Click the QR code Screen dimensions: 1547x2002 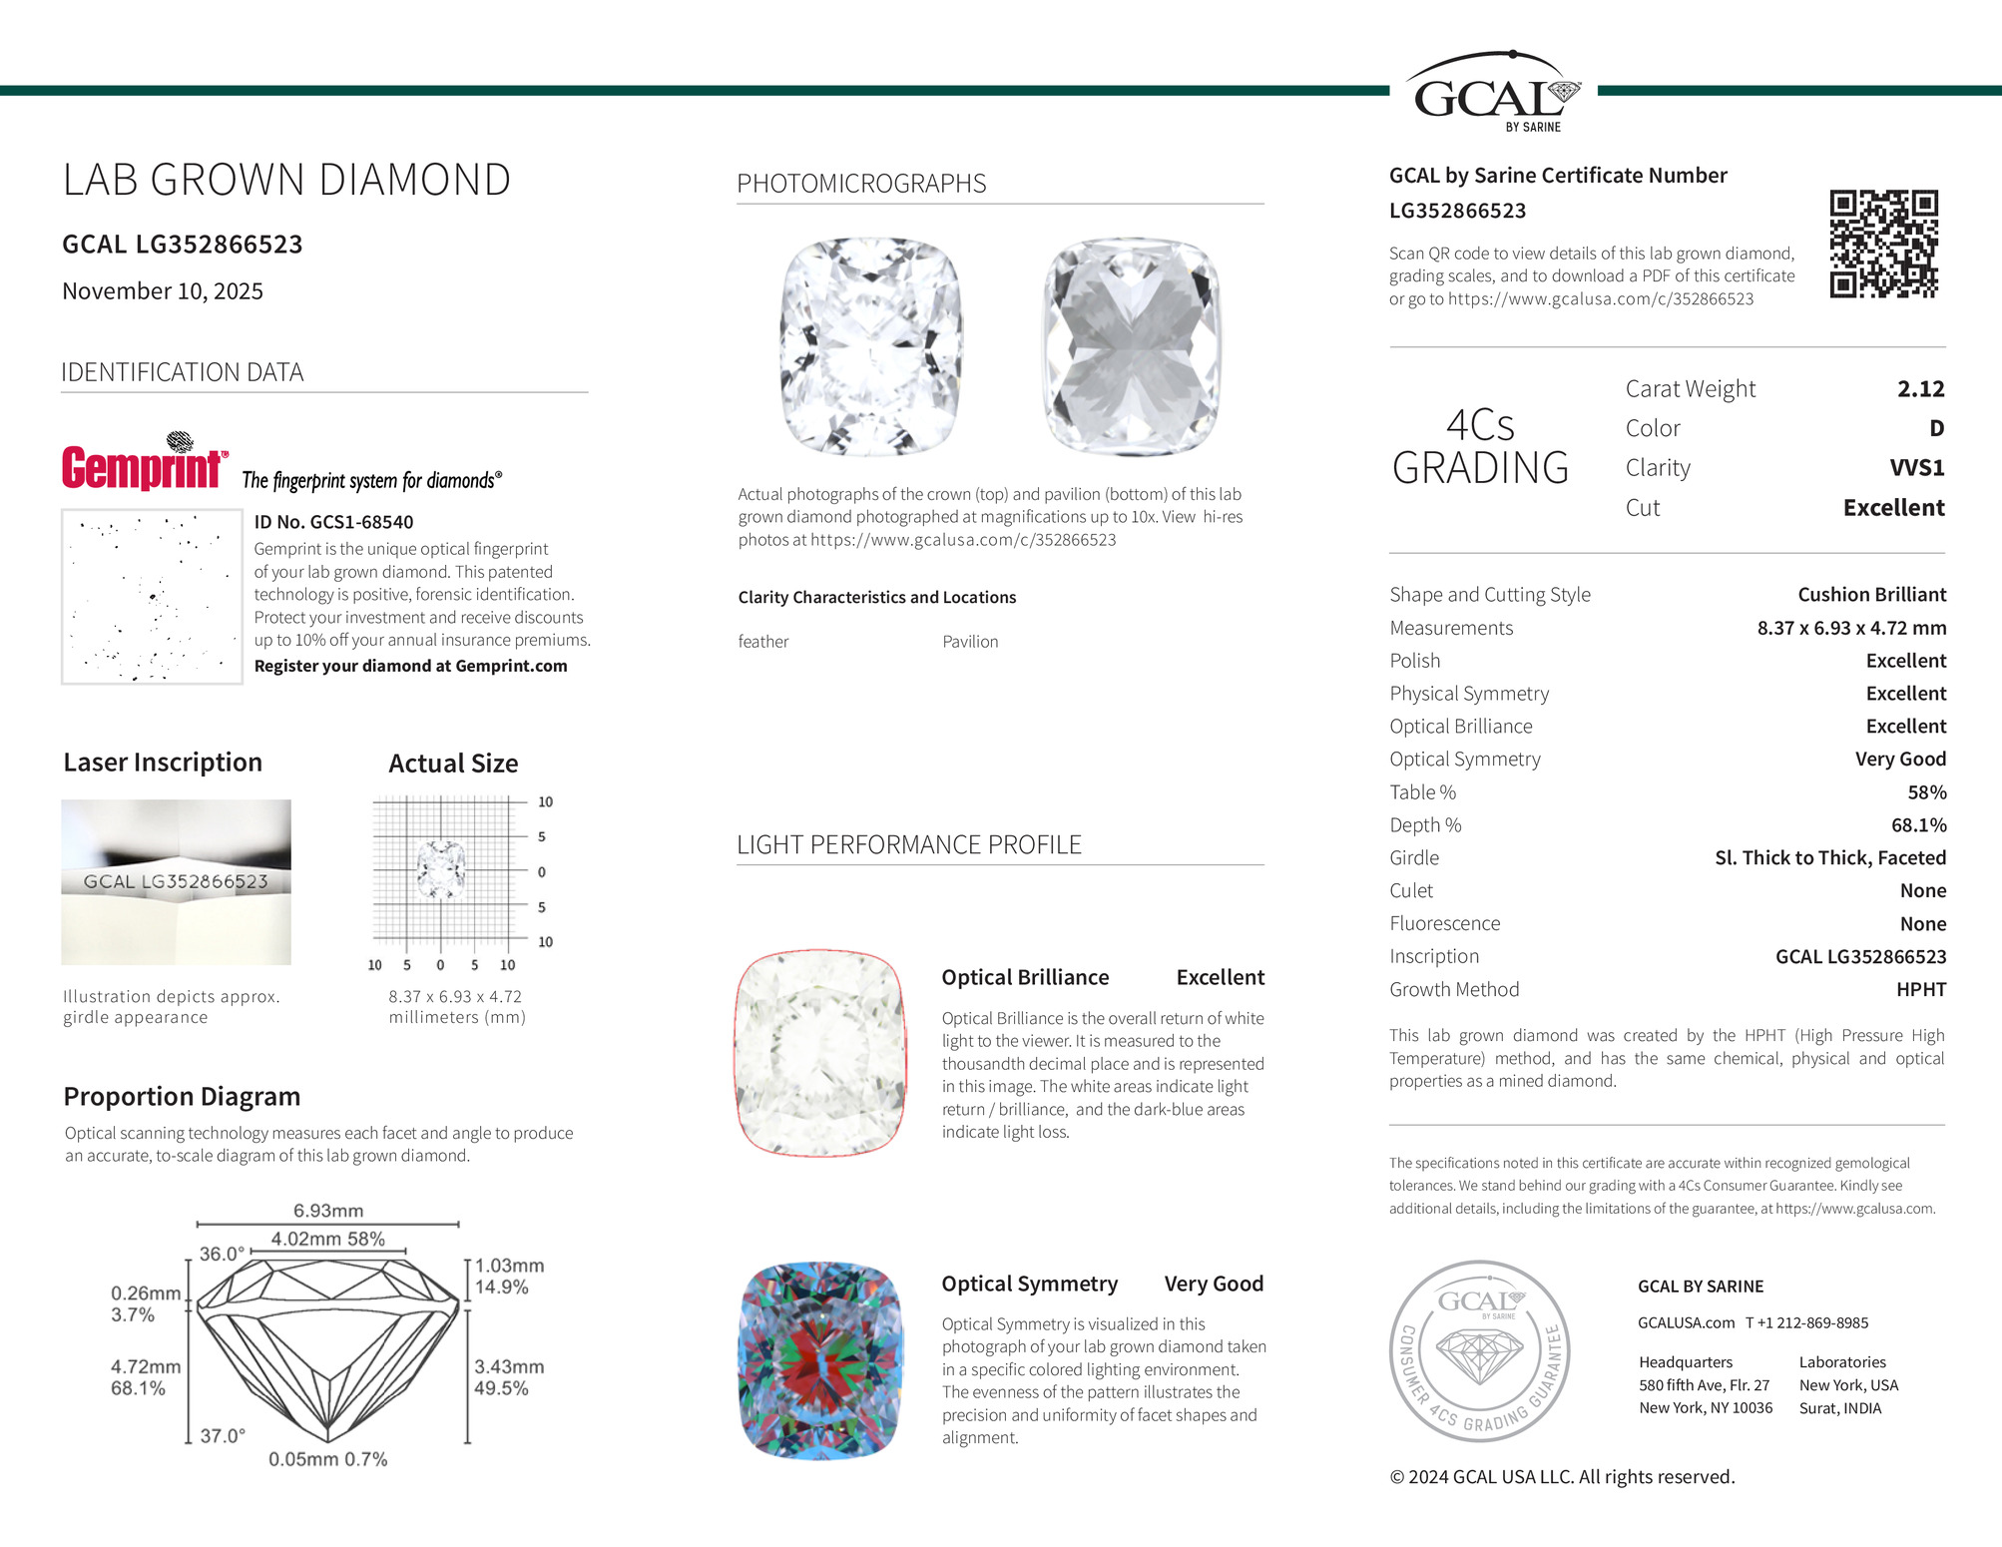click(1883, 245)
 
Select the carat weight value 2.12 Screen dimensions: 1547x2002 click(1920, 389)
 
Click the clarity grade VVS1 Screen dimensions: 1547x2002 click(1916, 468)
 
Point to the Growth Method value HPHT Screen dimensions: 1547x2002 click(1920, 990)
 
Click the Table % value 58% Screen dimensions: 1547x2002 click(1926, 792)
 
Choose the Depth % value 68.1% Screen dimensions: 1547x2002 click(1918, 825)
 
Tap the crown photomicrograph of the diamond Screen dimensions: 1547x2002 click(870, 346)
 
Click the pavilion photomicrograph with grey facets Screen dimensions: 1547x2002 click(1132, 346)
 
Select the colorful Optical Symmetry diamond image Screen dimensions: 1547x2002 click(820, 1360)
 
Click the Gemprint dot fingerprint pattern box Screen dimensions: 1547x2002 click(152, 597)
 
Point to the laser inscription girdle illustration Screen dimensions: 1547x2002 click(176, 882)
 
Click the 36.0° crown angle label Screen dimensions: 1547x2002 click(222, 1255)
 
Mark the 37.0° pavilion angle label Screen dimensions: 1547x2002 click(222, 1436)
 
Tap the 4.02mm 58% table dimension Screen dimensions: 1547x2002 click(327, 1240)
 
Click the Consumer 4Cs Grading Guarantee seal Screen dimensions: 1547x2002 click(1480, 1350)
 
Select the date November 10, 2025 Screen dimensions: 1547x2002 click(163, 291)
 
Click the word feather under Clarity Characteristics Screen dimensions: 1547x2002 click(763, 642)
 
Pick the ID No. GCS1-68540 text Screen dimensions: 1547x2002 click(333, 522)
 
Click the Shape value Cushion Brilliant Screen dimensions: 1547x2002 click(1871, 595)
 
